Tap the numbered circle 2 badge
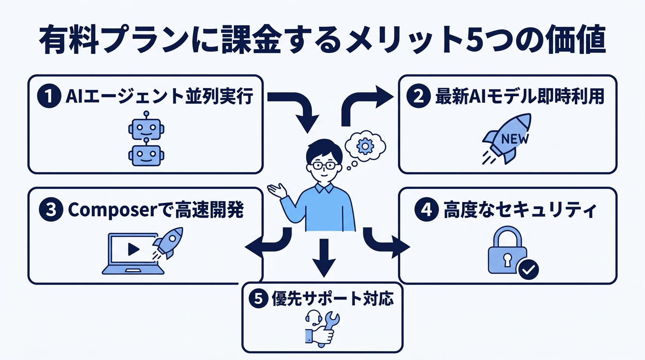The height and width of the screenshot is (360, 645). (x=420, y=97)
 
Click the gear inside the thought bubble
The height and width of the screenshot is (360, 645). (x=364, y=146)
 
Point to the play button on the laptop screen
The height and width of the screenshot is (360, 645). (x=133, y=249)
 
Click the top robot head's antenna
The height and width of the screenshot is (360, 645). (x=146, y=114)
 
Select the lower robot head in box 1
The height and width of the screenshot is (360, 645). (x=146, y=154)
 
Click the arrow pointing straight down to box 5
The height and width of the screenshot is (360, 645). (x=323, y=257)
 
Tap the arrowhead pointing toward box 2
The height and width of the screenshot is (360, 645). (x=384, y=98)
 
